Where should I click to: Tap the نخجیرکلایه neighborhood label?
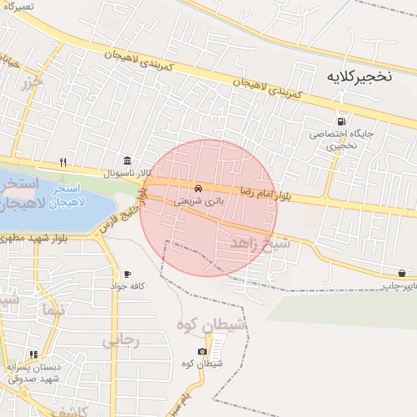(x=359, y=77)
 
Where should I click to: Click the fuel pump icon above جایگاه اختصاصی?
(x=340, y=121)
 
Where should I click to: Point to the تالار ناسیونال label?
(x=121, y=173)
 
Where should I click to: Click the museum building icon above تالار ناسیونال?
(x=126, y=160)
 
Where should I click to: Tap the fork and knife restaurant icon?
(x=64, y=161)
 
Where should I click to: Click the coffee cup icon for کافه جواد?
(x=127, y=274)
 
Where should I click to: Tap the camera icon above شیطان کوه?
(x=202, y=351)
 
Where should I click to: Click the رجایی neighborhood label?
(x=120, y=341)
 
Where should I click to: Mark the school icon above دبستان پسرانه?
(x=33, y=354)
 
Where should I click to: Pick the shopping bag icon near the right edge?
(x=402, y=273)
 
